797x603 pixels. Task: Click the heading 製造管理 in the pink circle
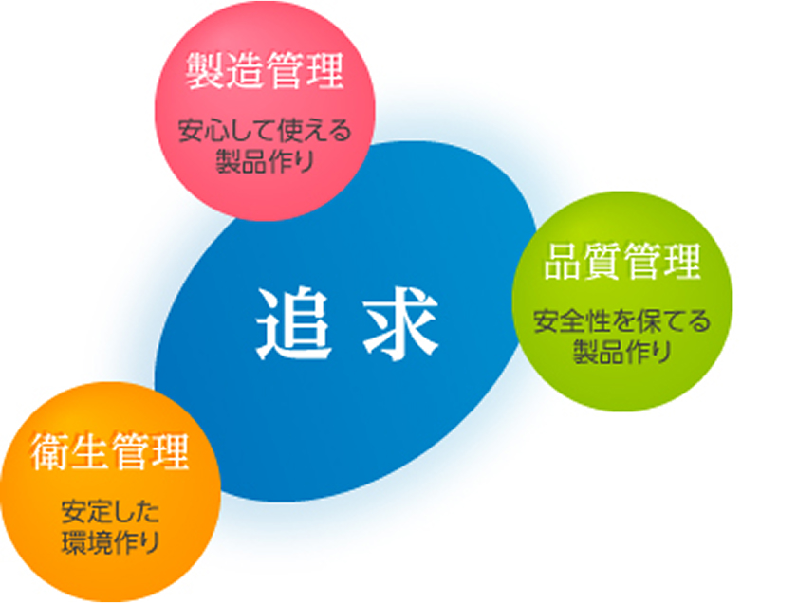(264, 70)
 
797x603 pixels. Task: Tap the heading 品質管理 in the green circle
(622, 261)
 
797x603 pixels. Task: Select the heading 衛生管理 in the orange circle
(110, 451)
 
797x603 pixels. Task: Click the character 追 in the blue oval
(294, 323)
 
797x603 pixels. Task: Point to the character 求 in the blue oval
(400, 323)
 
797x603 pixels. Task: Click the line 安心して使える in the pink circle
(265, 130)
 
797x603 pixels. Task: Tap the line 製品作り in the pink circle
(265, 161)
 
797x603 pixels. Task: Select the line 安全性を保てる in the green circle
(622, 321)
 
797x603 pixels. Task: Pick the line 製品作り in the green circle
(622, 352)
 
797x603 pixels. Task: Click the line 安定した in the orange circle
(110, 512)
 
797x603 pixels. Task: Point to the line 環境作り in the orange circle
(110, 542)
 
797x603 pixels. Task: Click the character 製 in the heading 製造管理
(204, 70)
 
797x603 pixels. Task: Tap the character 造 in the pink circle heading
(244, 70)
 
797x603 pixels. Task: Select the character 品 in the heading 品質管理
(563, 261)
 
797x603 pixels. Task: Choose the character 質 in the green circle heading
(602, 261)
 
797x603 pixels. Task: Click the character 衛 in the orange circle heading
(50, 451)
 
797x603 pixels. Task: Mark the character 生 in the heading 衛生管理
(90, 451)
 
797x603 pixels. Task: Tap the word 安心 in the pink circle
(203, 130)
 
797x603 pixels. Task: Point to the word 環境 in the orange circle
(85, 542)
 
